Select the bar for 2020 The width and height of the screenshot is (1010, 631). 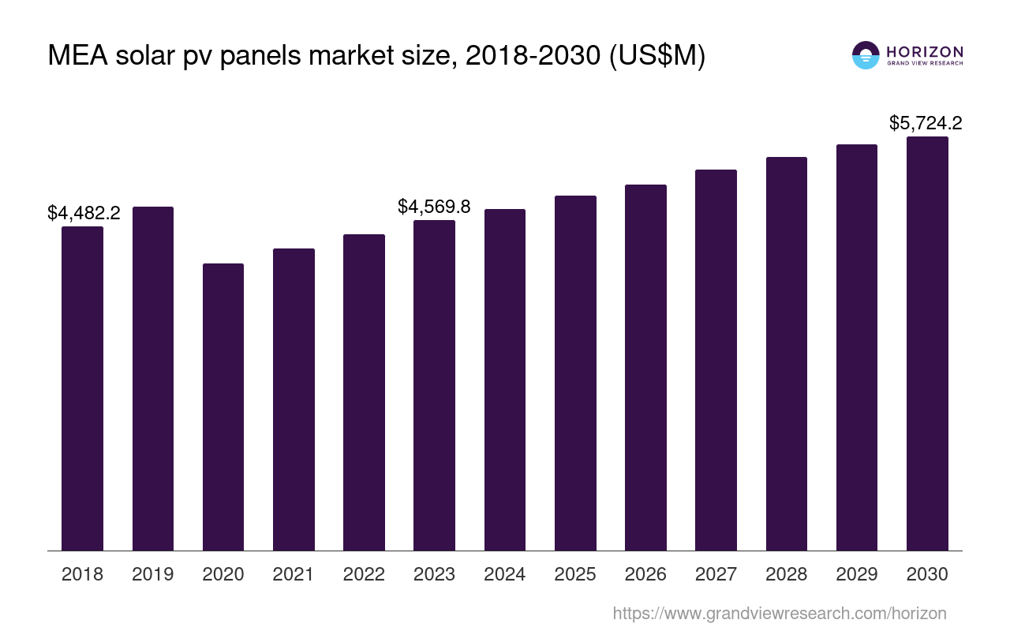tap(223, 407)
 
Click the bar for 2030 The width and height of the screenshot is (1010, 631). tap(927, 343)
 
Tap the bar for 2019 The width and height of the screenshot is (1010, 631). tap(153, 379)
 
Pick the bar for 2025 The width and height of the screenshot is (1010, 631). tap(575, 373)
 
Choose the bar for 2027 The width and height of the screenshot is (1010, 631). tap(716, 360)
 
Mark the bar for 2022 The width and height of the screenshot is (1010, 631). tap(364, 392)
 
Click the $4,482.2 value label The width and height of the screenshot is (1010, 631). tap(84, 213)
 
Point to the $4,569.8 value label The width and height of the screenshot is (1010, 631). tap(434, 207)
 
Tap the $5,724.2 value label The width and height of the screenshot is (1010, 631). tap(926, 123)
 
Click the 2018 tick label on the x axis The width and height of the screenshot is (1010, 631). tap(83, 574)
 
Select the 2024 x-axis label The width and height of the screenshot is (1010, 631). tap(505, 574)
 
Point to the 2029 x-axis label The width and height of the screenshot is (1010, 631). tap(857, 574)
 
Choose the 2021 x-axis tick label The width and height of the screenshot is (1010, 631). tap(294, 574)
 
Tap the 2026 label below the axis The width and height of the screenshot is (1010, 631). tap(645, 574)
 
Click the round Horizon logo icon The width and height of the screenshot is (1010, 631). tap(866, 55)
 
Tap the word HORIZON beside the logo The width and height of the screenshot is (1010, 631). tap(925, 52)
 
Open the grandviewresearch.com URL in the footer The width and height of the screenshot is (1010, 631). tap(780, 613)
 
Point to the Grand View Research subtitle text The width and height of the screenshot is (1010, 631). tap(925, 63)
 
